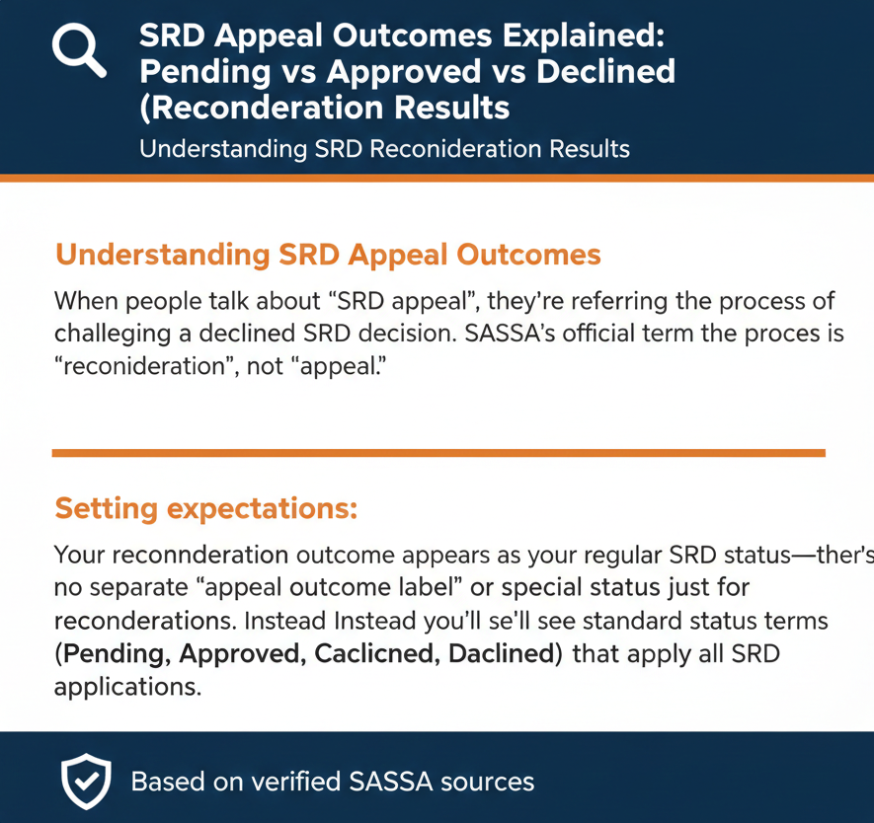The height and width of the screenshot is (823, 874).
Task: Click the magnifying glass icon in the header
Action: coord(78,49)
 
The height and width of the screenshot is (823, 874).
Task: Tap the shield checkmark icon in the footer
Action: coord(86,783)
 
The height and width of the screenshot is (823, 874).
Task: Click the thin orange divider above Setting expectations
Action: coord(437,453)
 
